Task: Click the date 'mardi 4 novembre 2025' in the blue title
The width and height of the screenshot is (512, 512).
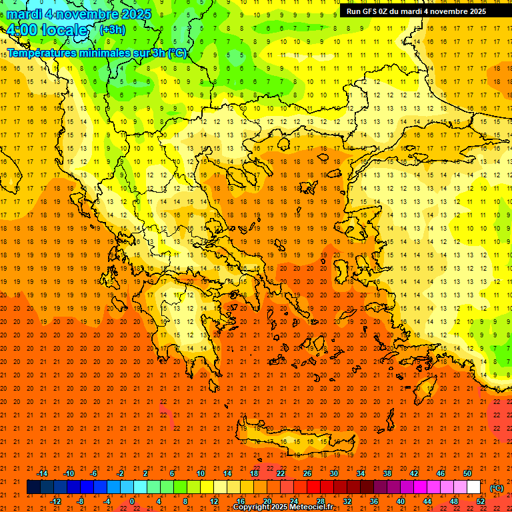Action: tap(79, 14)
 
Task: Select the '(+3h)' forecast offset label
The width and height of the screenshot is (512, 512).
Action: tap(111, 30)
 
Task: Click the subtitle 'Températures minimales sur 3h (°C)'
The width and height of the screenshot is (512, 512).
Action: tap(97, 53)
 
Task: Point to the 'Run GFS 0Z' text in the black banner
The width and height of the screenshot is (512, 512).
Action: tap(373, 11)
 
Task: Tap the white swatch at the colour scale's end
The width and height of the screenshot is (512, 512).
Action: tap(473, 487)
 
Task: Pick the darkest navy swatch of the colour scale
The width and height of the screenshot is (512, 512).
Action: tap(33, 487)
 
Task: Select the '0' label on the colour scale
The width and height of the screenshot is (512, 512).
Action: tap(131, 501)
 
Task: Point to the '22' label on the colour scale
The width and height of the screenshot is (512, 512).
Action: tap(281, 473)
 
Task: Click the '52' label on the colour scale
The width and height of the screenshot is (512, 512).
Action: tap(481, 501)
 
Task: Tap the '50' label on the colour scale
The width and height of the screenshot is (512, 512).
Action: tap(467, 473)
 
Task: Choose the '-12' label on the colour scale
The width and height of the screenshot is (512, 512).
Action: tap(55, 501)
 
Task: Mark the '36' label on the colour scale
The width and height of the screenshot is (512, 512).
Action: tap(374, 501)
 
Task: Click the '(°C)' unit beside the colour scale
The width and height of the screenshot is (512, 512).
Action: tap(496, 488)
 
